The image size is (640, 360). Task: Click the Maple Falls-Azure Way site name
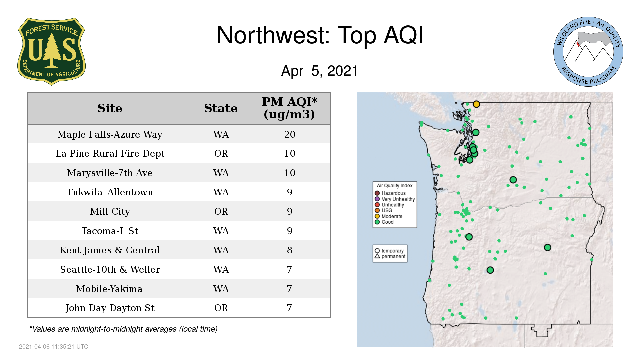pyautogui.click(x=110, y=134)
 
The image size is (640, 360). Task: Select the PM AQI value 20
pyautogui.click(x=290, y=134)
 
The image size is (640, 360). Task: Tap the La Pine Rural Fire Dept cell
pyautogui.click(x=110, y=154)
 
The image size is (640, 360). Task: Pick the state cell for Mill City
pyautogui.click(x=221, y=212)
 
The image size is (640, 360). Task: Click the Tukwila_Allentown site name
pyautogui.click(x=110, y=192)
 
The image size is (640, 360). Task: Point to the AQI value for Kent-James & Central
pyautogui.click(x=290, y=250)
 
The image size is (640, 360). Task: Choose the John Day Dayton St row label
pyautogui.click(x=110, y=308)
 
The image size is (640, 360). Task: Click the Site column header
pyautogui.click(x=110, y=108)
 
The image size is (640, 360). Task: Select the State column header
pyautogui.click(x=221, y=108)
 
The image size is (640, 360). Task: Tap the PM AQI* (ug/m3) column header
pyautogui.click(x=289, y=108)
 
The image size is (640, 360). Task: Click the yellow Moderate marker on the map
pyautogui.click(x=476, y=104)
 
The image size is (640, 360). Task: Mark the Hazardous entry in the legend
pyautogui.click(x=390, y=193)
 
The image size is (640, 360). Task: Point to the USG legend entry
pyautogui.click(x=384, y=210)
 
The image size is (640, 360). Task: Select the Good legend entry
pyautogui.click(x=384, y=222)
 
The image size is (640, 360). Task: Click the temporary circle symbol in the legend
pyautogui.click(x=377, y=251)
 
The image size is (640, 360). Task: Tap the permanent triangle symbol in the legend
pyautogui.click(x=377, y=256)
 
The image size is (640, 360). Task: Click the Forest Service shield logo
pyautogui.click(x=51, y=52)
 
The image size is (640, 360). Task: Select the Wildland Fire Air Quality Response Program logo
pyautogui.click(x=588, y=52)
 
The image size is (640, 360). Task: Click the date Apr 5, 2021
pyautogui.click(x=320, y=71)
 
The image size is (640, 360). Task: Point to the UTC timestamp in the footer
pyautogui.click(x=54, y=347)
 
